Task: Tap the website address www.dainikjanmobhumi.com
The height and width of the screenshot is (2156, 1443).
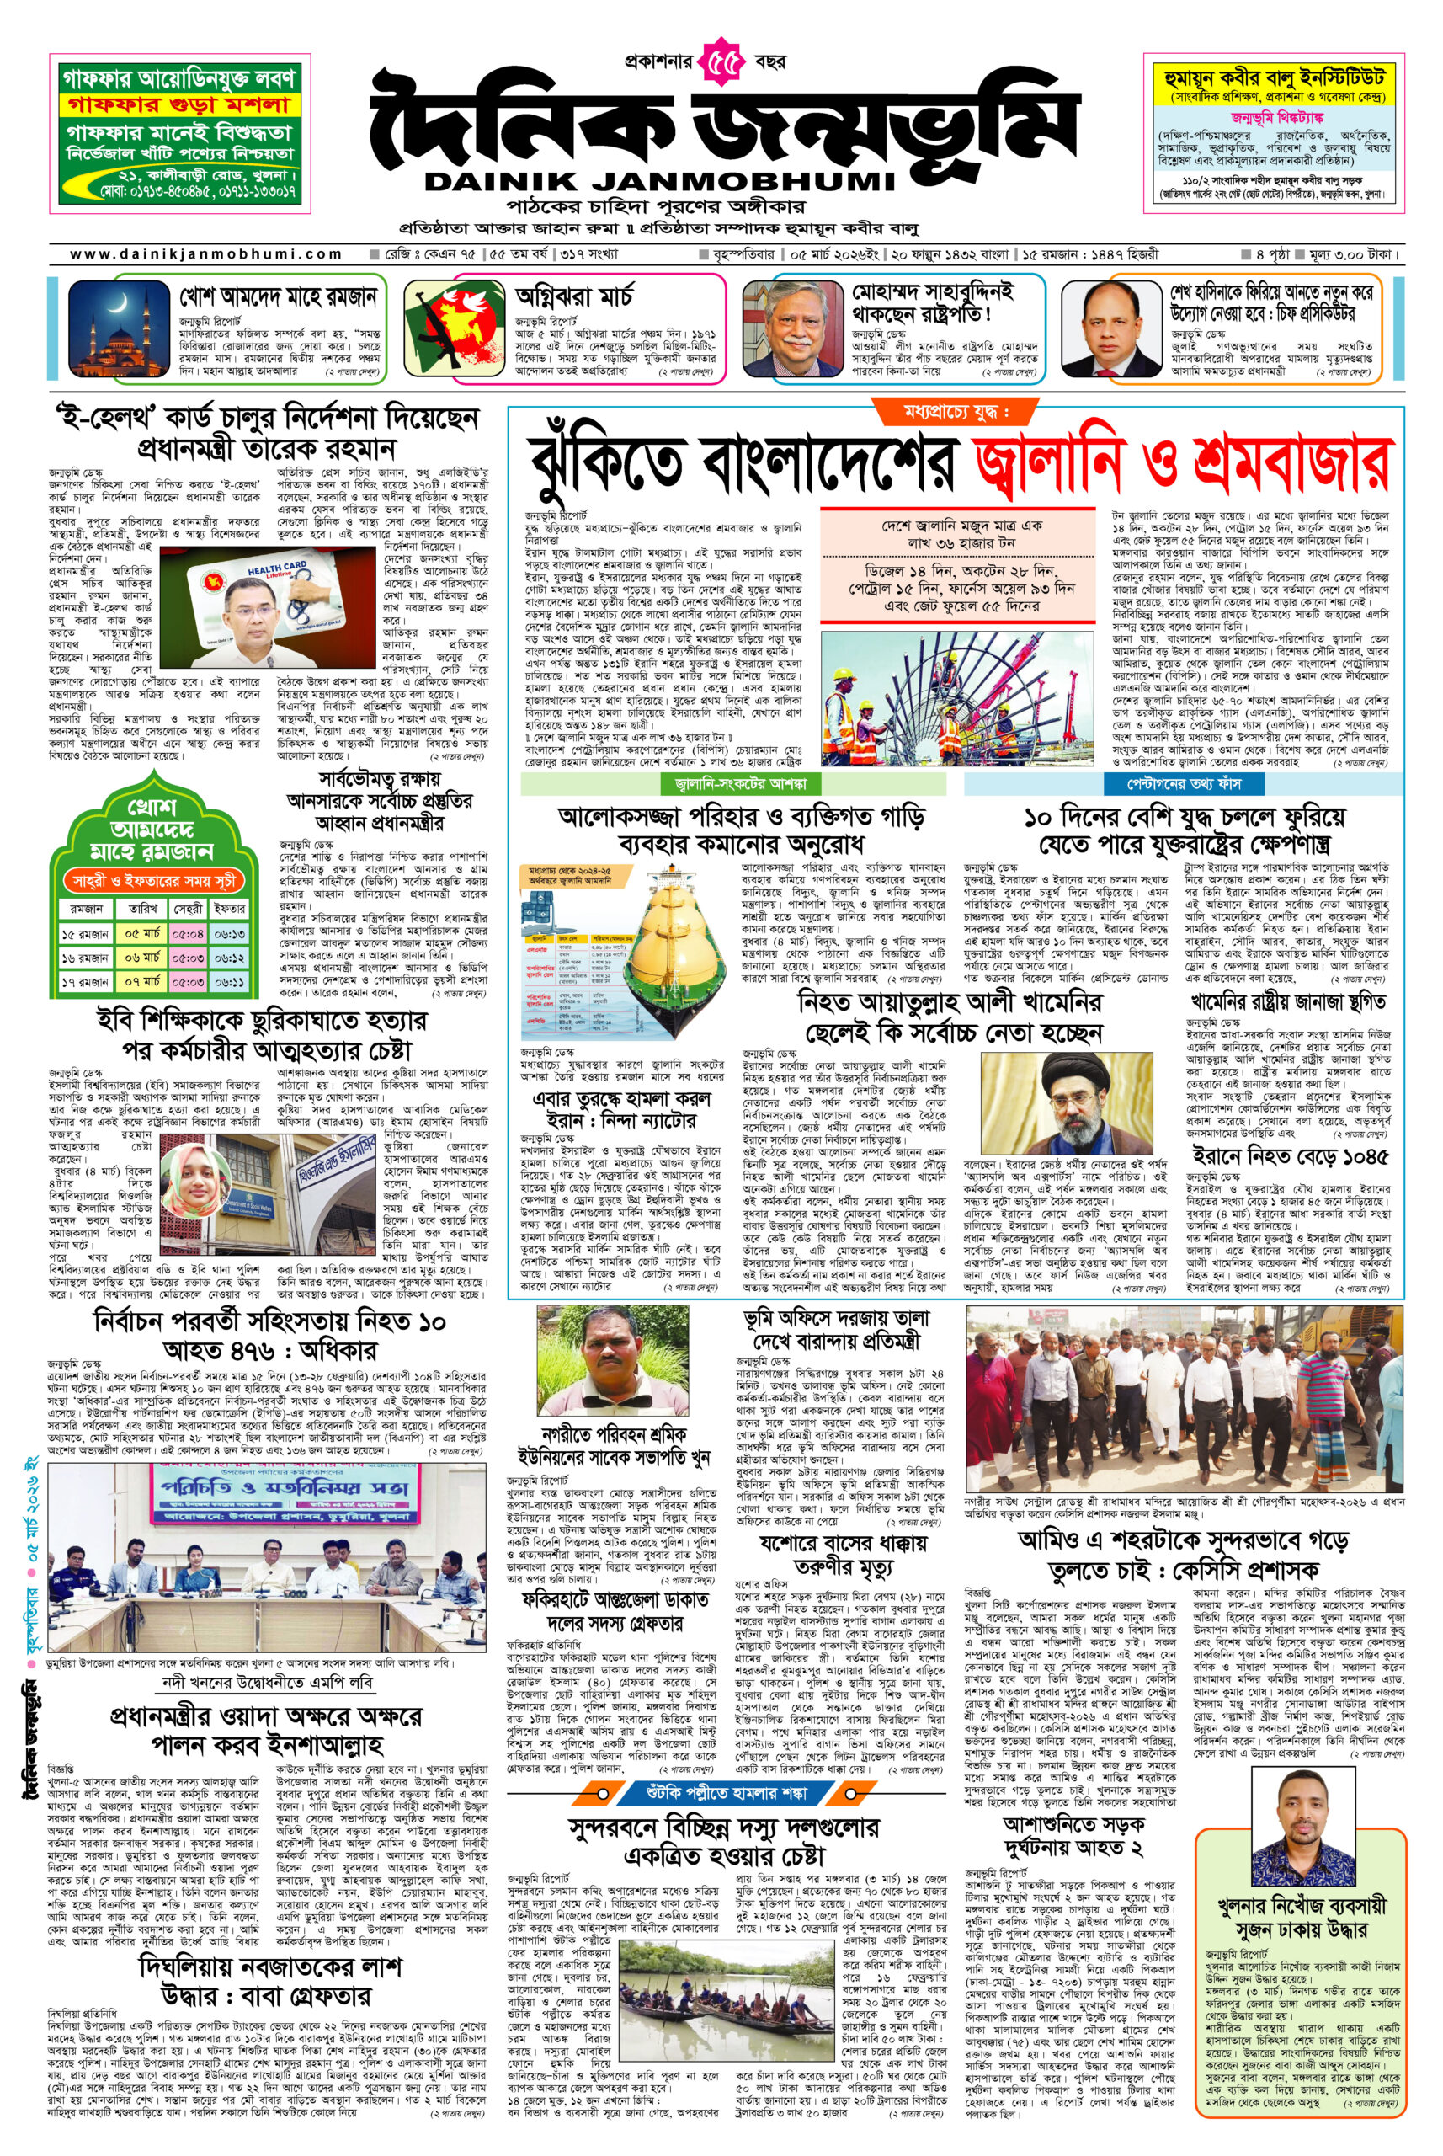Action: click(206, 255)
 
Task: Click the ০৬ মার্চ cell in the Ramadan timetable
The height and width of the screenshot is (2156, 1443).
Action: click(142, 958)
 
